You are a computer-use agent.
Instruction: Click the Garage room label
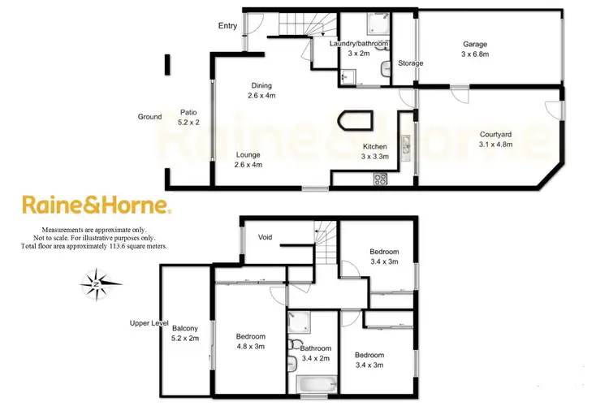(473, 44)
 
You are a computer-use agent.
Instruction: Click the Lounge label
(248, 154)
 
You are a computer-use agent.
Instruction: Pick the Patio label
(188, 113)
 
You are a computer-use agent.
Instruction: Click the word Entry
(227, 26)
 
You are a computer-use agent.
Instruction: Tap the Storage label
(411, 63)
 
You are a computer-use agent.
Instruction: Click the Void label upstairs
(265, 237)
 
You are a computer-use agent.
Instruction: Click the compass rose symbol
(96, 284)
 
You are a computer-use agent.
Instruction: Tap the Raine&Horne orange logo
(96, 205)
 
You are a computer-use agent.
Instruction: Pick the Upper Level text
(149, 323)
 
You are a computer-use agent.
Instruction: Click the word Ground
(149, 117)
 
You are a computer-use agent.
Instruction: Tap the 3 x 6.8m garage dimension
(473, 55)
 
